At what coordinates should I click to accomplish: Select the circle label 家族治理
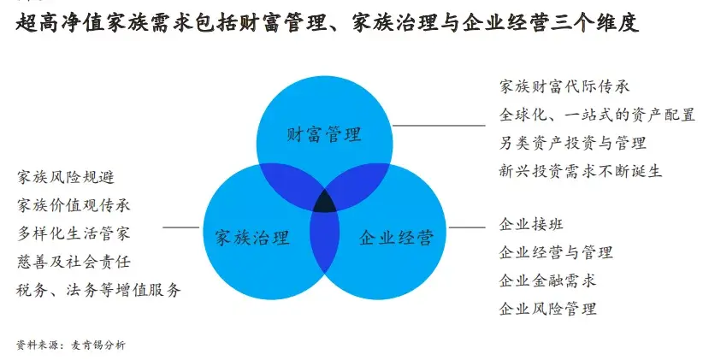[x=252, y=237]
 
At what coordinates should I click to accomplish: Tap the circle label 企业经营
[x=396, y=237]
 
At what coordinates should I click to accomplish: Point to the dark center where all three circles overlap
[x=325, y=203]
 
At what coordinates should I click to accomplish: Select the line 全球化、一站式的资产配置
[x=596, y=115]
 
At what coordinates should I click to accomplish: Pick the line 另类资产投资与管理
[x=572, y=143]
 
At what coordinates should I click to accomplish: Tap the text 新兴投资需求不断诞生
[x=580, y=170]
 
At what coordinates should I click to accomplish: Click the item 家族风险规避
[x=65, y=177]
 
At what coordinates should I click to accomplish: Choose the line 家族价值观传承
[x=74, y=204]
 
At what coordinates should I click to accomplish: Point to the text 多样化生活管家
[x=74, y=233]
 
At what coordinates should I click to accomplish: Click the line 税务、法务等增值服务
[x=98, y=289]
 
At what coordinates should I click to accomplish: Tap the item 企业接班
[x=531, y=225]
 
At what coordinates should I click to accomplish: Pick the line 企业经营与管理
[x=556, y=252]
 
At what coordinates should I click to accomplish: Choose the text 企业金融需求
[x=547, y=280]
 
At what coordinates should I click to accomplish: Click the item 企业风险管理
[x=547, y=308]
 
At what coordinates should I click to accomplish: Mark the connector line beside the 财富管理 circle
[x=436, y=126]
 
